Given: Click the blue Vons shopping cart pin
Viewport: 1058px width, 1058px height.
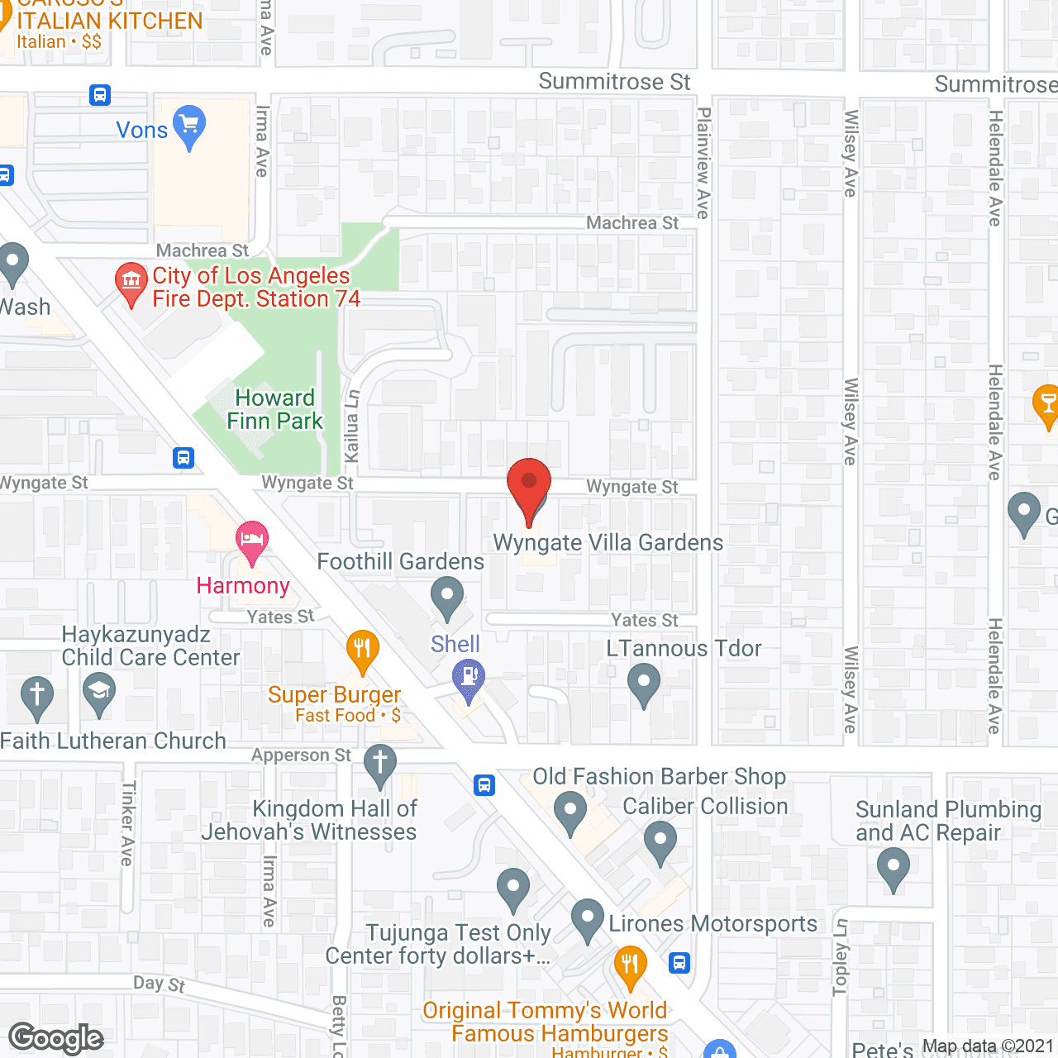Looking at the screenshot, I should [x=189, y=126].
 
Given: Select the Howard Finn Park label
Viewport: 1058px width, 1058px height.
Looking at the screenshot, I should [x=275, y=410].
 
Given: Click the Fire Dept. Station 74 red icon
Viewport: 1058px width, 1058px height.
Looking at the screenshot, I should [x=131, y=282].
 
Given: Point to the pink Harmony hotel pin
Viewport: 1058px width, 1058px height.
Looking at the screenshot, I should [x=252, y=541].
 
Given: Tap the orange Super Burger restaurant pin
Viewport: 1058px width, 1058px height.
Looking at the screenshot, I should [x=362, y=651].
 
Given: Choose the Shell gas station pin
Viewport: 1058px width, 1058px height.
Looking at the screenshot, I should [x=469, y=682].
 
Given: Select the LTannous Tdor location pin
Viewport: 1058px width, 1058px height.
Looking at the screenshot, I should [x=644, y=685].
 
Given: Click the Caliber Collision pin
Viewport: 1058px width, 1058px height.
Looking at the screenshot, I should [x=660, y=841].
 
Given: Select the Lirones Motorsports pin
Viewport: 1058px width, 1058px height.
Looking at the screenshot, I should [x=588, y=919].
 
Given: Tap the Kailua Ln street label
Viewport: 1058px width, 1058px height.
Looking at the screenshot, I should [x=352, y=426].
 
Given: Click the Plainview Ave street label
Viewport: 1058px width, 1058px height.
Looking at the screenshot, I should [x=703, y=163].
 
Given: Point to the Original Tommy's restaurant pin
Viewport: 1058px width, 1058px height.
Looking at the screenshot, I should [x=631, y=965].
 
